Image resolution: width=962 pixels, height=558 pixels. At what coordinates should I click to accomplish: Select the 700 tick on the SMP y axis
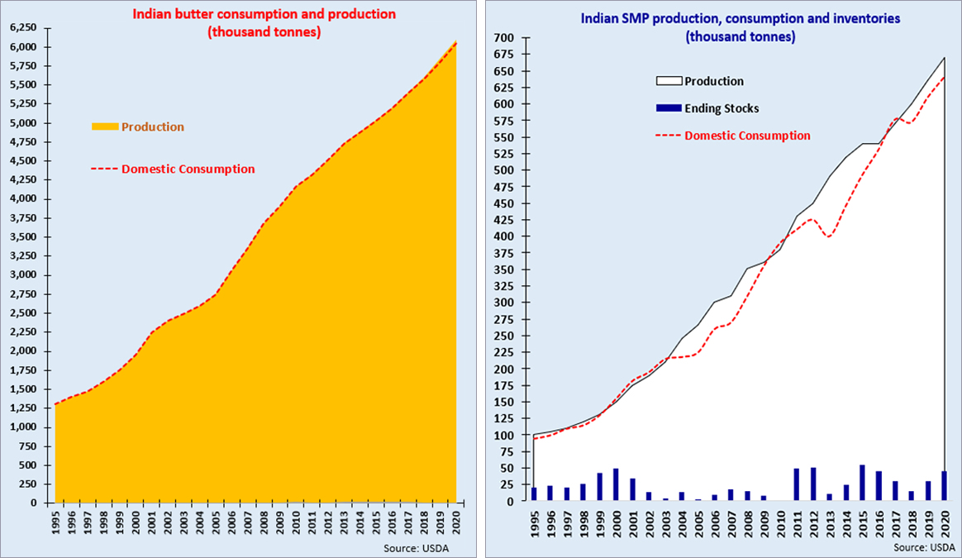click(504, 38)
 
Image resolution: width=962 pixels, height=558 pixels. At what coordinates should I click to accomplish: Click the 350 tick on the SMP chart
click(504, 269)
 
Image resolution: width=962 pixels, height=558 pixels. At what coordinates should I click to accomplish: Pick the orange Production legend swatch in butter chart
click(105, 126)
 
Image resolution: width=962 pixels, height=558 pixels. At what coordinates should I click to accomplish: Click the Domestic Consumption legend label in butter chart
click(188, 169)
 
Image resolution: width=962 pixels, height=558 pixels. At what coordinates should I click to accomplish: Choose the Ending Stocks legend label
click(721, 108)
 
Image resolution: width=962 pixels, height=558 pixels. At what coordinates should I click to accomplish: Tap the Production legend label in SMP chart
click(714, 81)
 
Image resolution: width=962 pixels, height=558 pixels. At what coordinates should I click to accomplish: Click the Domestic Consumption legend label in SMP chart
click(747, 136)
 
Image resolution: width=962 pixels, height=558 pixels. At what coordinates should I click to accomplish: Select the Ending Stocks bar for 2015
click(863, 483)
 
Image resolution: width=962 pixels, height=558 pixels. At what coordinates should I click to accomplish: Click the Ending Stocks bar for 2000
click(616, 484)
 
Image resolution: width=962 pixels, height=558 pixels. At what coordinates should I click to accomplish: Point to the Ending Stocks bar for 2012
click(813, 484)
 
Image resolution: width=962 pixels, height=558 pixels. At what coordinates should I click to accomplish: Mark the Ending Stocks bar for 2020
click(945, 486)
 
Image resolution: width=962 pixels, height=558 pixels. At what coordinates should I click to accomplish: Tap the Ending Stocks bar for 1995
click(534, 494)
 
